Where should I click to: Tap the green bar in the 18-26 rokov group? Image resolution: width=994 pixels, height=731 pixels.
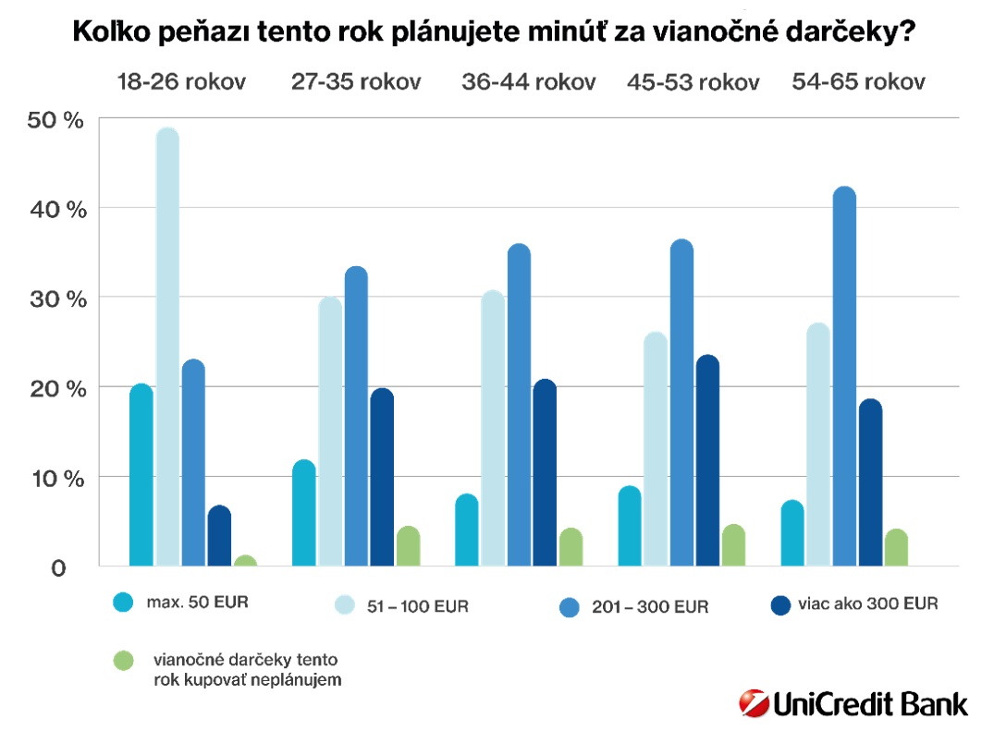coord(245,561)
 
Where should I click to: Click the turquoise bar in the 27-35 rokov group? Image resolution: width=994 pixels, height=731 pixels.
coord(304,513)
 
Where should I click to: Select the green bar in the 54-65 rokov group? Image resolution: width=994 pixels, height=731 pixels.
coord(896,547)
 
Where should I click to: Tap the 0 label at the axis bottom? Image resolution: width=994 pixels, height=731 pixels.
coord(58,567)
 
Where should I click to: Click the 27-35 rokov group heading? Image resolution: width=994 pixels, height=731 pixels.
coord(356,81)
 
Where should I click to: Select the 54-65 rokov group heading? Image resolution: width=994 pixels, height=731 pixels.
coord(858,81)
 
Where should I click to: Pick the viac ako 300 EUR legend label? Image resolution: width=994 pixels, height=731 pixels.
coord(866,604)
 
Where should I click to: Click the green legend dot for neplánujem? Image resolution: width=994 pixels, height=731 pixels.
coord(123,662)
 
